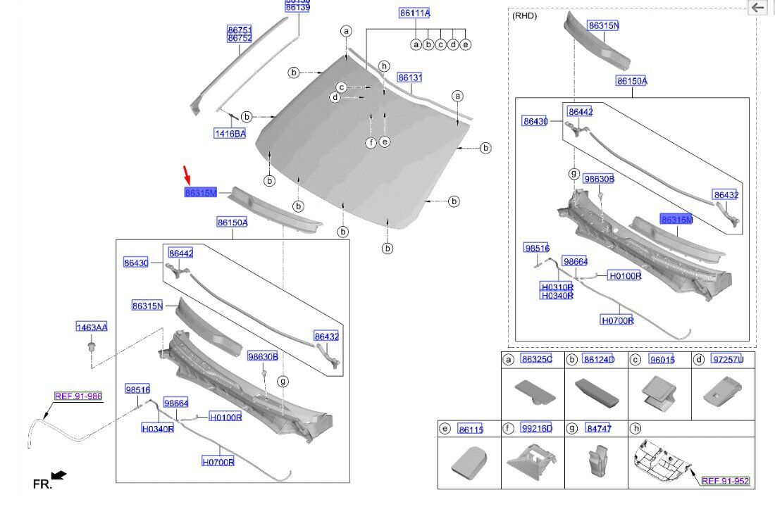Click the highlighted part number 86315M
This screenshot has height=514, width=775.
201,193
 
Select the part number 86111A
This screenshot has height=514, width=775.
414,13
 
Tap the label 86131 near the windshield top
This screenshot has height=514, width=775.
409,77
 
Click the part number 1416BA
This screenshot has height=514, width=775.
230,134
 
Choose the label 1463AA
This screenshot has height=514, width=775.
92,327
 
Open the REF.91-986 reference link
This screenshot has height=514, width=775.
78,396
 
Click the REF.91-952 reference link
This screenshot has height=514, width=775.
725,481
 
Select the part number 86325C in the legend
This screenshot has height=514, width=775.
537,360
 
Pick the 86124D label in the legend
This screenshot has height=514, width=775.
599,360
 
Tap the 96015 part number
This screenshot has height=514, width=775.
662,360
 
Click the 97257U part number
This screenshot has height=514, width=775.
727,360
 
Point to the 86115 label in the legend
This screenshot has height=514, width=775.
471,429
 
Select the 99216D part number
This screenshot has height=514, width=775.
537,428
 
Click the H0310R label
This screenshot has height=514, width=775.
557,287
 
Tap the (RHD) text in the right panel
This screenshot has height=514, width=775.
524,15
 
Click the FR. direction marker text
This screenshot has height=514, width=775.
42,484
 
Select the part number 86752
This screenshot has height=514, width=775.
240,38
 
